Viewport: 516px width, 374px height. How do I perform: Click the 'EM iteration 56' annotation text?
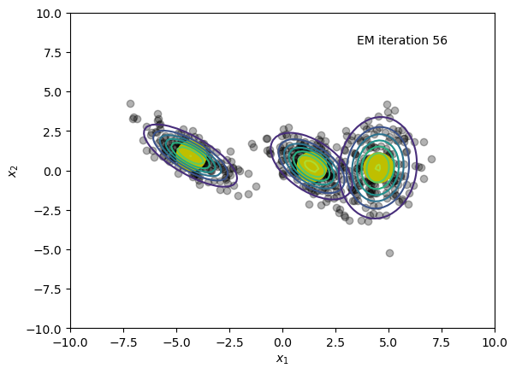402,40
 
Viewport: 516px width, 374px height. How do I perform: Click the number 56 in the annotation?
440,40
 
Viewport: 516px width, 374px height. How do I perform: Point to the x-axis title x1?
282,359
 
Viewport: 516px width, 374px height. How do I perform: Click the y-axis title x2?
13,171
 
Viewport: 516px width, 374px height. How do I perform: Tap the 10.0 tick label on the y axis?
49,14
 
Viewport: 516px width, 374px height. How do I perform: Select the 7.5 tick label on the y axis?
53,53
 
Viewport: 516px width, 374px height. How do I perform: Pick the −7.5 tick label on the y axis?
48,289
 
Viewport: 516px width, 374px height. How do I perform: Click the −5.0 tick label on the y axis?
48,250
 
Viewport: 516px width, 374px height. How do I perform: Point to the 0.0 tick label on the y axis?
53,171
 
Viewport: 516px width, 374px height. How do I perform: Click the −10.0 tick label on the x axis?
70,342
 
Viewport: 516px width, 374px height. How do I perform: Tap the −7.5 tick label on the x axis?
123,342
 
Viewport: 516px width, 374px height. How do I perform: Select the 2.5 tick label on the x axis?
335,342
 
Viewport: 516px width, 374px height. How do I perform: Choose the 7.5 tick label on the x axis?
442,342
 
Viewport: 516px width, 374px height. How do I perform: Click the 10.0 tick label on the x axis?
495,342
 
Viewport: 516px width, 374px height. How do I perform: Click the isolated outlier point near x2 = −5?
389,253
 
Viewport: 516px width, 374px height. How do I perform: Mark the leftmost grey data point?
130,104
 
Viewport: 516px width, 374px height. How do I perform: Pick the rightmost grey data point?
431,160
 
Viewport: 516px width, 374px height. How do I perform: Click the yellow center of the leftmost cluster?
191,156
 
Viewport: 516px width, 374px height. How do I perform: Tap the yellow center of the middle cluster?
311,167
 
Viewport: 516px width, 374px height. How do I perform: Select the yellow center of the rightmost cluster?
378,167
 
